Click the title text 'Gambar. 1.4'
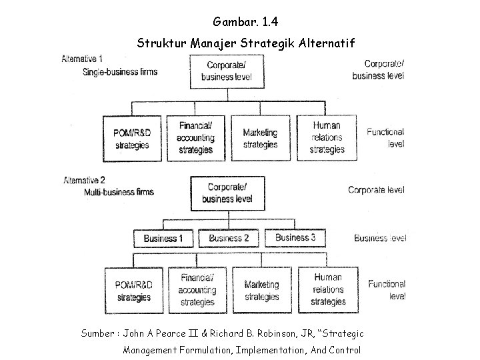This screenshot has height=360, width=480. click(x=239, y=23)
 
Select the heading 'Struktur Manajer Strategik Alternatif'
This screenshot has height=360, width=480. click(x=247, y=44)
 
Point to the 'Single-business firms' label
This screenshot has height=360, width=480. click(x=120, y=71)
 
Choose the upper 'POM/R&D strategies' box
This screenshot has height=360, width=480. click(x=132, y=139)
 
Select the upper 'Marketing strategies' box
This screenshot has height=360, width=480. click(x=260, y=139)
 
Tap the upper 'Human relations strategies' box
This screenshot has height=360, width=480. click(x=327, y=137)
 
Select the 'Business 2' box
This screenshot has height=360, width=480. click(x=229, y=238)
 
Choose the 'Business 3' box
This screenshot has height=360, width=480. click(x=295, y=237)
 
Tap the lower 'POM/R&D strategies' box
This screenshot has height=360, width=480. click(x=133, y=291)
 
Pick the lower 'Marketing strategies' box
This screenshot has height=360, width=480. click(x=261, y=291)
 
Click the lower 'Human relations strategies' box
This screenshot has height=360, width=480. click(x=328, y=289)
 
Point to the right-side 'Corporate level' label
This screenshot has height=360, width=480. click(x=376, y=190)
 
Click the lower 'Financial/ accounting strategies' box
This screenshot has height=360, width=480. click(x=197, y=289)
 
